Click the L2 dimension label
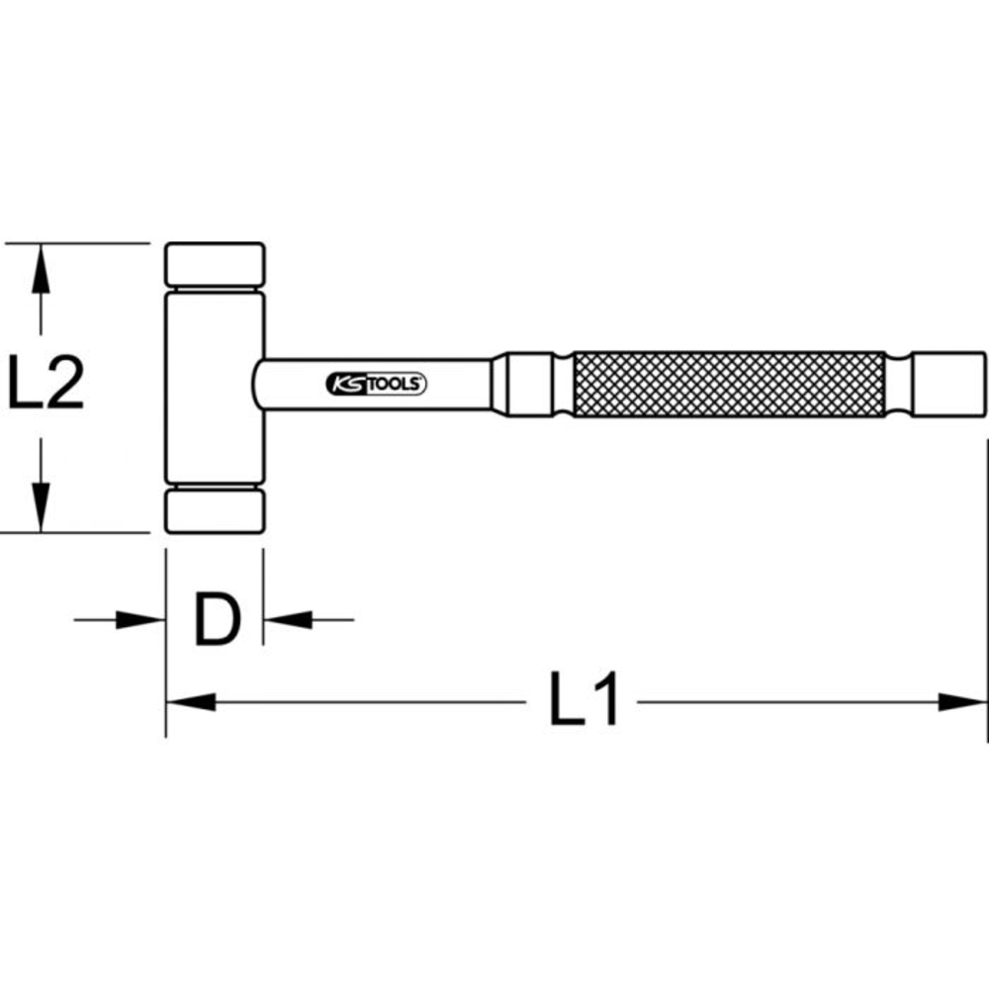point(45,385)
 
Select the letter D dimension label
point(217,620)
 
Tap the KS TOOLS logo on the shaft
point(376,384)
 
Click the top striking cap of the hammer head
point(215,264)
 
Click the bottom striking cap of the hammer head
point(215,510)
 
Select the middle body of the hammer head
point(215,386)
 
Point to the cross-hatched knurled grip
point(728,384)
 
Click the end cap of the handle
point(947,384)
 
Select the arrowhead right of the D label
point(288,620)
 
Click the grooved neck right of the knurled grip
point(898,384)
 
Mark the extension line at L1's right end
point(987,593)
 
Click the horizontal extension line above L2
point(79,242)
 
